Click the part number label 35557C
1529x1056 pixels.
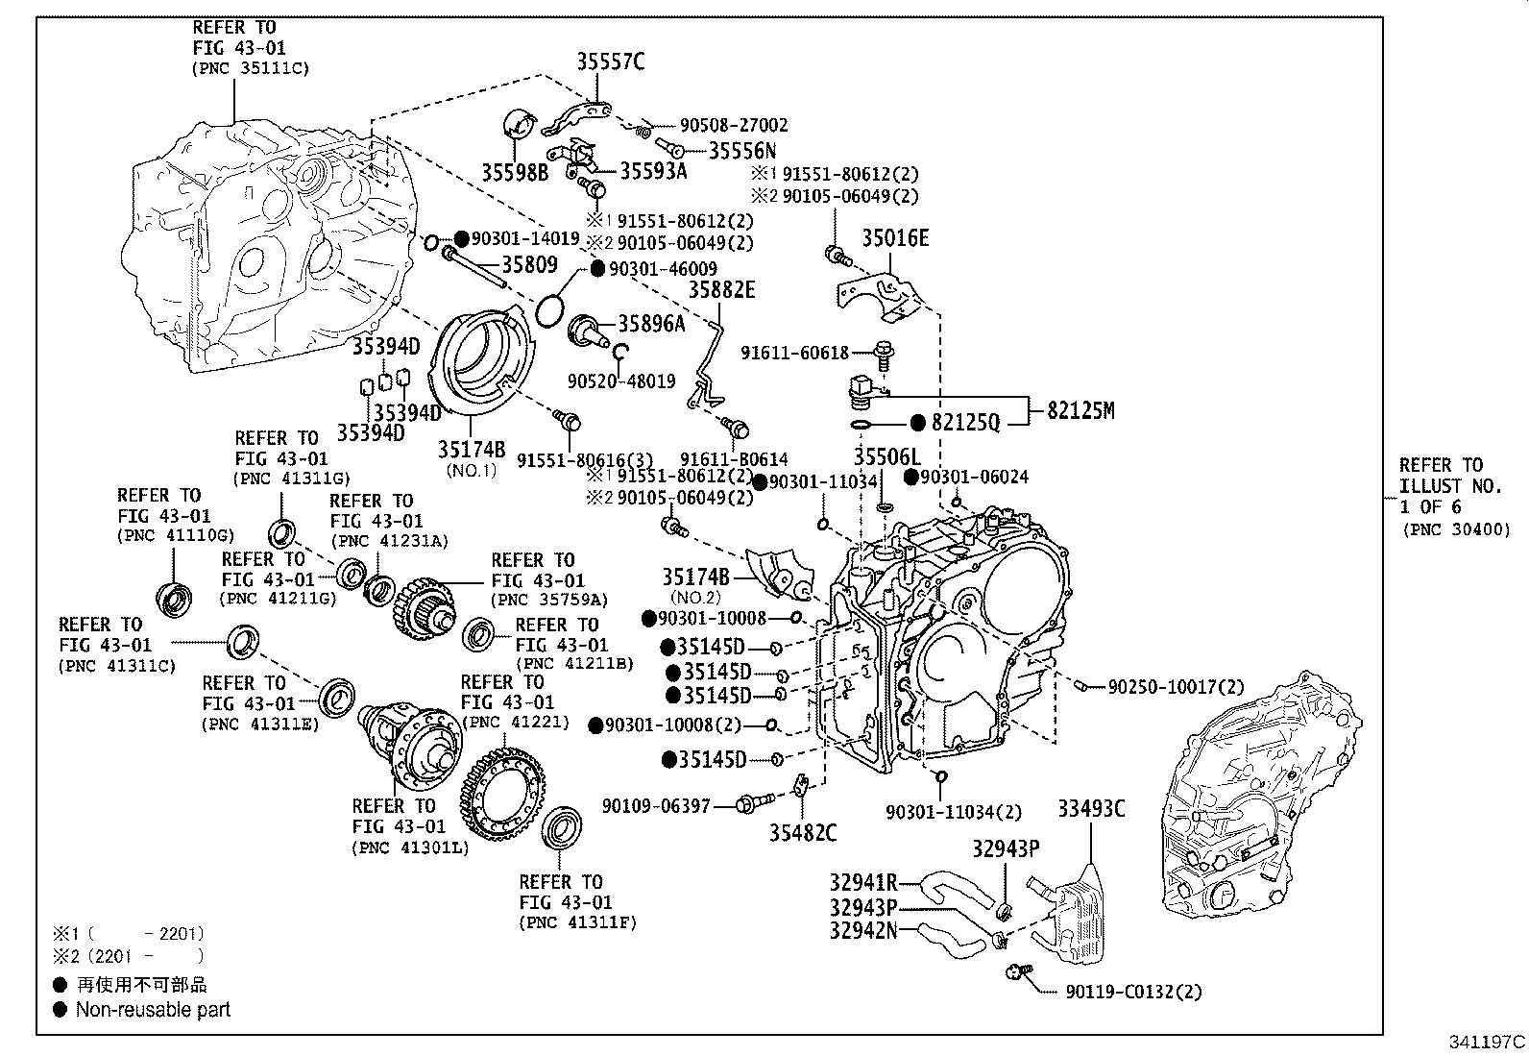(x=610, y=62)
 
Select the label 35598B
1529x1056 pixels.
(x=515, y=172)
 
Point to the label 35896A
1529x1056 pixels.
(x=651, y=324)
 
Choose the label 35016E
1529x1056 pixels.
(x=895, y=238)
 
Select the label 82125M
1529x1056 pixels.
(x=1080, y=410)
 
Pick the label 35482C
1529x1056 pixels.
(x=803, y=833)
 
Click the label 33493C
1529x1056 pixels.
(x=1091, y=809)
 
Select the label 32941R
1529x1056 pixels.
(x=863, y=883)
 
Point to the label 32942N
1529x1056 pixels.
(x=863, y=930)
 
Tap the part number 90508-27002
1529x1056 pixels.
(x=734, y=125)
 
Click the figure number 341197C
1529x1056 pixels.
(x=1487, y=1042)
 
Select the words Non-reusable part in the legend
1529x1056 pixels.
(x=153, y=1009)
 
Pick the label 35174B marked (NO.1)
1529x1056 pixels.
(x=472, y=449)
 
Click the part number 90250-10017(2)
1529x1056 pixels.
(x=1176, y=687)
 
